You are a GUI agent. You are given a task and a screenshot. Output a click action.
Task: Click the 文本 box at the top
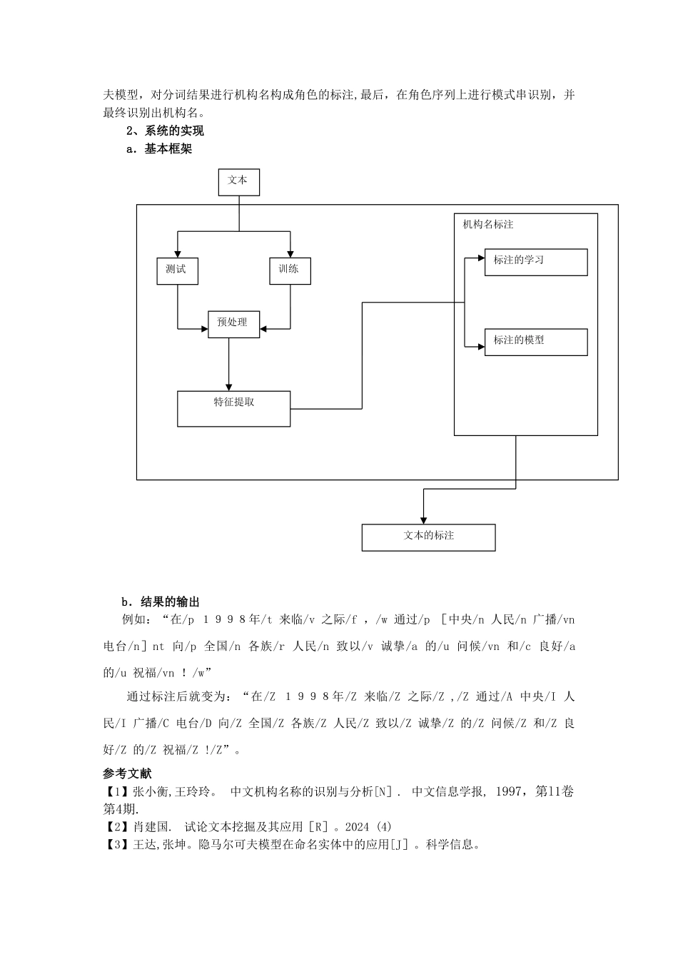coord(238,182)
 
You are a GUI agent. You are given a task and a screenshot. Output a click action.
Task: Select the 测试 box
coord(177,270)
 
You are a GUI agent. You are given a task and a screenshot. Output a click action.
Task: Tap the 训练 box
coord(290,270)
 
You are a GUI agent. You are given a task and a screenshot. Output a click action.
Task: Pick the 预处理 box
coord(233,324)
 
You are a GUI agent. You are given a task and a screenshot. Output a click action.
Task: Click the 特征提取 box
coord(233,408)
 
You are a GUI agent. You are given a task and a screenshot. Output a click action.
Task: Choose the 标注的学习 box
coord(535,262)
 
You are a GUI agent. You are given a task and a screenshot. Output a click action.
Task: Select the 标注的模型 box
coord(535,342)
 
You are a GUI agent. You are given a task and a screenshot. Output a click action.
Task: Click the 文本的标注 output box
coord(428,537)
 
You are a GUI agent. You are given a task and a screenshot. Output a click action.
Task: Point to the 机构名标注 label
coord(488,224)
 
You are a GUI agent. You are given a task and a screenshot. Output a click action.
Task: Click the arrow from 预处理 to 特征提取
coord(228,364)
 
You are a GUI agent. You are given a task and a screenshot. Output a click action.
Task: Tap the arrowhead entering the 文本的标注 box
coord(423,519)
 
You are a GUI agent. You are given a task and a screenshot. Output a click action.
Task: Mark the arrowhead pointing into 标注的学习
coord(480,258)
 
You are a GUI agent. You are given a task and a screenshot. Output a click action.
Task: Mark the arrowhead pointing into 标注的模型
coord(480,346)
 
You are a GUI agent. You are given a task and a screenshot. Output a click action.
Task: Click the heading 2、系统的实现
coord(165,131)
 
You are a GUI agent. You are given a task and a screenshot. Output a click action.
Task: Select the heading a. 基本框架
coord(159,149)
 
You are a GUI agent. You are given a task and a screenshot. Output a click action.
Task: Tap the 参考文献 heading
coord(127,773)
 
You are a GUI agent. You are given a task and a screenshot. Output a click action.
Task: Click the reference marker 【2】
coord(117,827)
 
